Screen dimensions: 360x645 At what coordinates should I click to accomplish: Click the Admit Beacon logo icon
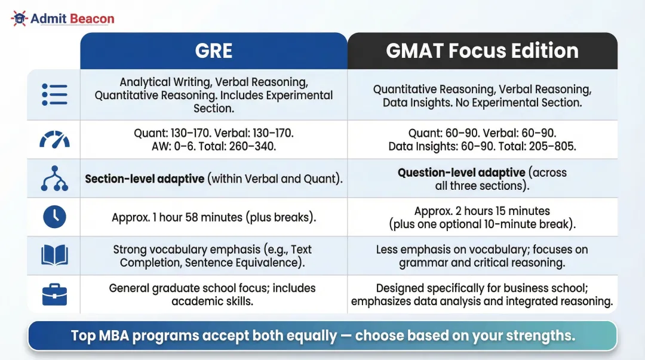20,19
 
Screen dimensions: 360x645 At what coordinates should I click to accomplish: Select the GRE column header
213,51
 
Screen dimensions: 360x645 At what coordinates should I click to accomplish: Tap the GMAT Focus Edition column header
482,51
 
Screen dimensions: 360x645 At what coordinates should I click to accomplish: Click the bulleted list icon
54,95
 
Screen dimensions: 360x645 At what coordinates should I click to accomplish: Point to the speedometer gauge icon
54,139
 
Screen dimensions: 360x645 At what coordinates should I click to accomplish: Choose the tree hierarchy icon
54,178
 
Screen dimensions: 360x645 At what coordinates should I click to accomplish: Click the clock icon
54,217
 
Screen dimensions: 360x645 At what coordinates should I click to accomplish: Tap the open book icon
54,256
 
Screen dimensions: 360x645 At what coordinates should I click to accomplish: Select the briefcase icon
54,294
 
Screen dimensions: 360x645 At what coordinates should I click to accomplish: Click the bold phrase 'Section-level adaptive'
145,179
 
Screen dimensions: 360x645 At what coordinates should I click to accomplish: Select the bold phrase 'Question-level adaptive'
462,173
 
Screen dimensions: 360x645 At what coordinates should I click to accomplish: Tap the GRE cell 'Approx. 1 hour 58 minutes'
213,217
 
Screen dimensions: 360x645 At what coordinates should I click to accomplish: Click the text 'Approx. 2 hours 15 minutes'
482,211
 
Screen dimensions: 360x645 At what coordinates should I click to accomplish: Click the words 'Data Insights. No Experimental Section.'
482,103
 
